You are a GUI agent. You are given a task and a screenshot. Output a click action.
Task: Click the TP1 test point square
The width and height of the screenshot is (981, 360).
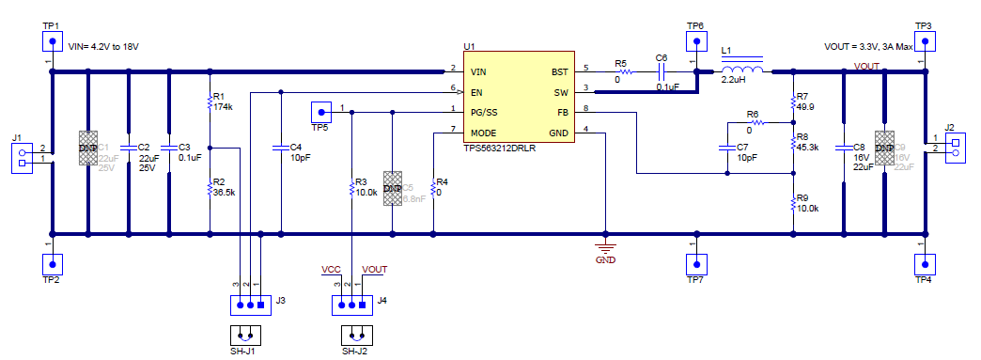click(53, 41)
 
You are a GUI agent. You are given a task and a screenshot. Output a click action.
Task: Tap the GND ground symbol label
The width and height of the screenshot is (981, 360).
click(605, 260)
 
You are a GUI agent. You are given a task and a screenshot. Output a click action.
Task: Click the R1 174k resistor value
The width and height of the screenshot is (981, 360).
click(223, 107)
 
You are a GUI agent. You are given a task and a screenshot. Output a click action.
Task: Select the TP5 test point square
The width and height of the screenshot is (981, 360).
click(320, 112)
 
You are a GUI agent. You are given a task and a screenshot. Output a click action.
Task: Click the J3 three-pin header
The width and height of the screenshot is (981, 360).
click(249, 305)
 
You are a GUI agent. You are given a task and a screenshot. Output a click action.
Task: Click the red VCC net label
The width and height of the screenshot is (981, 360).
click(331, 270)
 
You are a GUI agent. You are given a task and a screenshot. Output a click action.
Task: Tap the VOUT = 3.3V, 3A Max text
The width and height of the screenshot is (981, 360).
click(867, 44)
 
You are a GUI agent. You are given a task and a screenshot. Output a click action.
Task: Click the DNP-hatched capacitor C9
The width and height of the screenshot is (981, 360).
click(884, 149)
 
